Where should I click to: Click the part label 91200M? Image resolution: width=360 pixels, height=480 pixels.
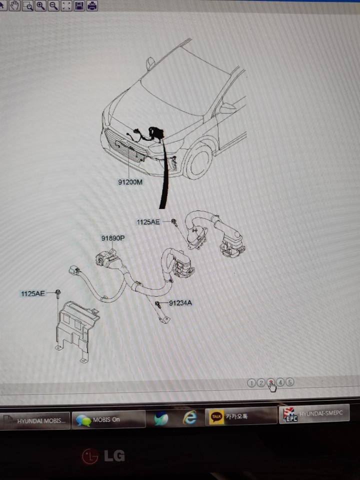pyautogui.click(x=130, y=182)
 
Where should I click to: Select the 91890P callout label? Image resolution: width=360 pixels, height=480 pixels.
pyautogui.click(x=113, y=238)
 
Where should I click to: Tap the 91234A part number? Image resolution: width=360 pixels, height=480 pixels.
pyautogui.click(x=180, y=303)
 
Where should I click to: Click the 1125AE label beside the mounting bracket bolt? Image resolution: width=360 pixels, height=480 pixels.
pyautogui.click(x=33, y=294)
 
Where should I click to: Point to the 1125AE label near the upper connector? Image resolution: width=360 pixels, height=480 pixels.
pyautogui.click(x=148, y=222)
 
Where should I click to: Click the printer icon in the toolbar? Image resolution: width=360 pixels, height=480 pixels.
pyautogui.click(x=92, y=5)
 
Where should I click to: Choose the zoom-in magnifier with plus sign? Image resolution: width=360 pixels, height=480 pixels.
pyautogui.click(x=40, y=5)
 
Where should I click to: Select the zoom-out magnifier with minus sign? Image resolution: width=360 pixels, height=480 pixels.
pyautogui.click(x=53, y=5)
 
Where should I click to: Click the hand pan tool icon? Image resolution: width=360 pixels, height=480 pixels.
pyautogui.click(x=14, y=5)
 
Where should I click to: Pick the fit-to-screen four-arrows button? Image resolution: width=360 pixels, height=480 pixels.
pyautogui.click(x=66, y=5)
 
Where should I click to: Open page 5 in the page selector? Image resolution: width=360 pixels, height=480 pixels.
pyautogui.click(x=289, y=382)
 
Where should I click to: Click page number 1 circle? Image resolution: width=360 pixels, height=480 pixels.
pyautogui.click(x=251, y=383)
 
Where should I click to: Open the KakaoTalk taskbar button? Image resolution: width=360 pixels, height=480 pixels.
pyautogui.click(x=241, y=416)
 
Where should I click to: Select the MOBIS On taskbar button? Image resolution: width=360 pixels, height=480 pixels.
pyautogui.click(x=108, y=419)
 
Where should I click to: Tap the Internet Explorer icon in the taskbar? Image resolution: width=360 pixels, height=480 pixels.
pyautogui.click(x=189, y=417)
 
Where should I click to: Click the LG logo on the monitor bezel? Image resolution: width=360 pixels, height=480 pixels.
pyautogui.click(x=103, y=456)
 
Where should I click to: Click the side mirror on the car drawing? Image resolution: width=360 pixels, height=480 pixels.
pyautogui.click(x=150, y=63)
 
